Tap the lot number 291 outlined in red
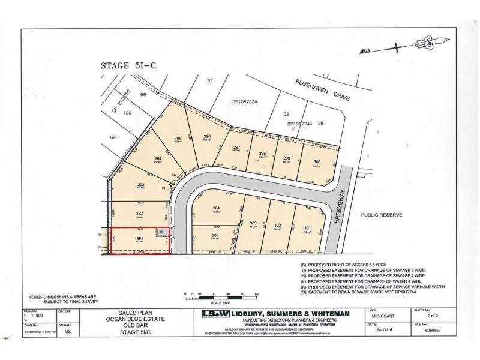(122, 239)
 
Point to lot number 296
(207, 137)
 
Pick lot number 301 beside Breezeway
(308, 228)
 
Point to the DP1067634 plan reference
(244, 102)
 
